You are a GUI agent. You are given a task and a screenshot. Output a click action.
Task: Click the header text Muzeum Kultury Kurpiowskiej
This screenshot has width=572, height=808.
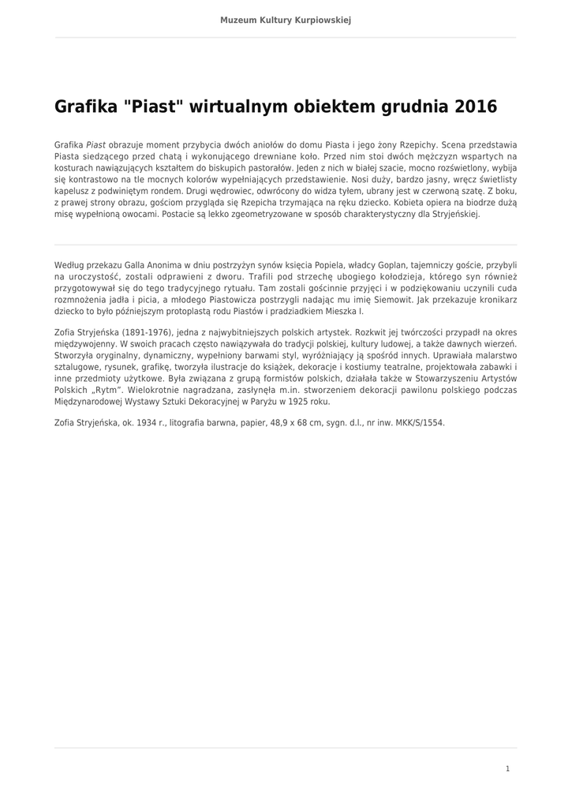coord(286,20)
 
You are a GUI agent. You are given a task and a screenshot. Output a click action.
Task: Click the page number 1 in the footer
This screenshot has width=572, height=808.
coord(507,769)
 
